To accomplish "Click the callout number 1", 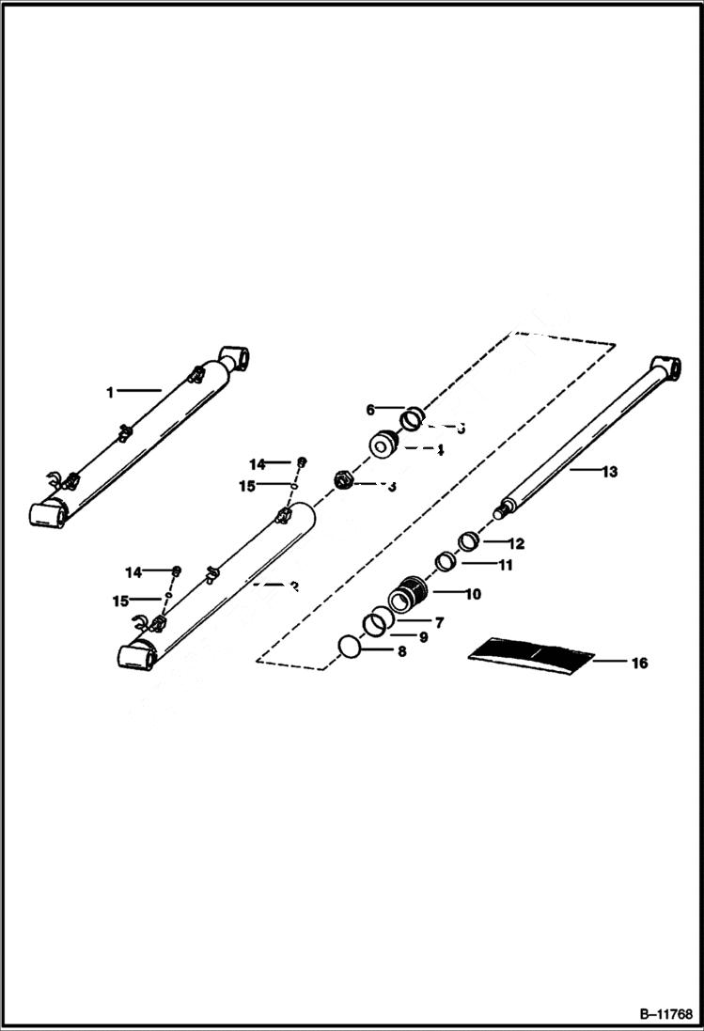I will (x=110, y=392).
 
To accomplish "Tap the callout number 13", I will (x=610, y=472).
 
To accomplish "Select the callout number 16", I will (x=639, y=664).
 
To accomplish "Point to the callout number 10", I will (x=471, y=594).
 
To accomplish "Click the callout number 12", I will (x=516, y=543).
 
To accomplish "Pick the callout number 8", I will (x=401, y=650).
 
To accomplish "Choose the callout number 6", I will (x=370, y=410).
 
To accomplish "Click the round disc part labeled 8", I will (x=349, y=647).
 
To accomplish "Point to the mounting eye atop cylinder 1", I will (x=236, y=360).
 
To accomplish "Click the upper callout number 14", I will (x=258, y=463).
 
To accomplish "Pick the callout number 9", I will (x=423, y=636).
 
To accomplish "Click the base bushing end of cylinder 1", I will (x=47, y=513).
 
